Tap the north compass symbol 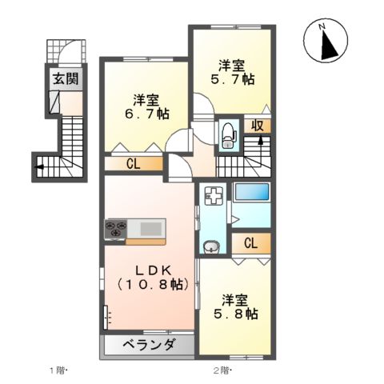[x=328, y=42]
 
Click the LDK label [x=150, y=270]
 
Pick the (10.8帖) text [x=150, y=285]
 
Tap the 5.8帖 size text [x=238, y=315]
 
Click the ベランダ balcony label [x=149, y=346]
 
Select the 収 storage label [x=257, y=126]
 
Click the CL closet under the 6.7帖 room [x=134, y=164]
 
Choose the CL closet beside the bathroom [x=250, y=243]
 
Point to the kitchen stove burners [x=115, y=230]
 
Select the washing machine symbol [x=213, y=196]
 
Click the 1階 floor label [x=59, y=370]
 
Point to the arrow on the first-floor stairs [x=39, y=167]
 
